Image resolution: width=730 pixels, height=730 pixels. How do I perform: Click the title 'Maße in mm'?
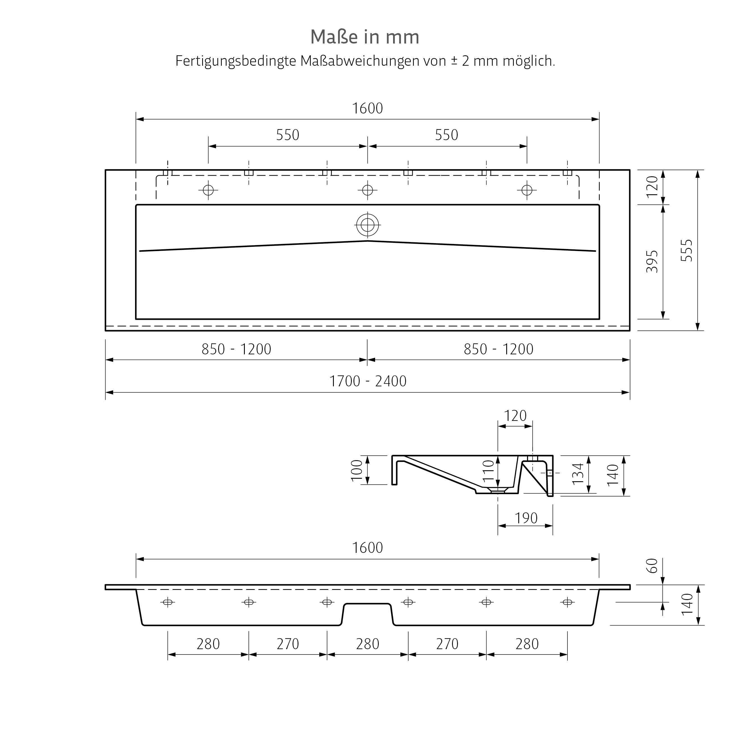point(365,37)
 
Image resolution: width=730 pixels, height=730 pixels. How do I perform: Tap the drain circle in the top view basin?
point(368,225)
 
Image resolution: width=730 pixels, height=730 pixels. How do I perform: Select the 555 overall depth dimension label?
point(686,250)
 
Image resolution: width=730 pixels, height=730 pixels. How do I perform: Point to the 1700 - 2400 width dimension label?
point(368,381)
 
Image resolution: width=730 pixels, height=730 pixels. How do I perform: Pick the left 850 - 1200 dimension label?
point(236,349)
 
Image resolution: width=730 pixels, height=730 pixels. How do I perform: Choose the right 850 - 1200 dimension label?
point(498,349)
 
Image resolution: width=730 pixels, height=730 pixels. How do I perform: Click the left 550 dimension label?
point(288,135)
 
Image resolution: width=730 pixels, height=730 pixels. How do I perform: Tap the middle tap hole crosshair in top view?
point(368,190)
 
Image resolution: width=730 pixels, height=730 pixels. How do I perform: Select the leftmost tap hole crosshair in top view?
point(208,190)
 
